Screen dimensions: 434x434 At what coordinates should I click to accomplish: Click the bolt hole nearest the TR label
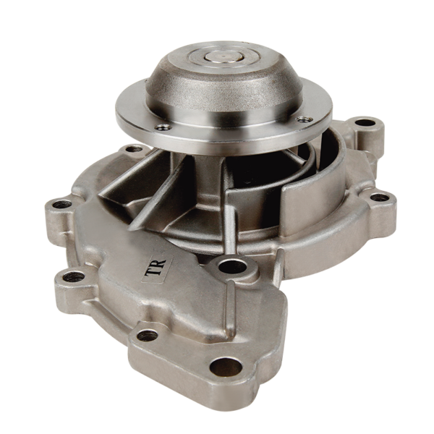[232, 266]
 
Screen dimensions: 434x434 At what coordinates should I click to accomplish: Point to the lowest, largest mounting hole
[226, 366]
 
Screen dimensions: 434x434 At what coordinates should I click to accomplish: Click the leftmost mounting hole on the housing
[61, 205]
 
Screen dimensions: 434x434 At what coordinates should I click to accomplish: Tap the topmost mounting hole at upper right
[366, 122]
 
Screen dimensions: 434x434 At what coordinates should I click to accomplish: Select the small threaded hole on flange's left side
[163, 127]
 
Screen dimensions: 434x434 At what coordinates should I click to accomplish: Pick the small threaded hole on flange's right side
[305, 119]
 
